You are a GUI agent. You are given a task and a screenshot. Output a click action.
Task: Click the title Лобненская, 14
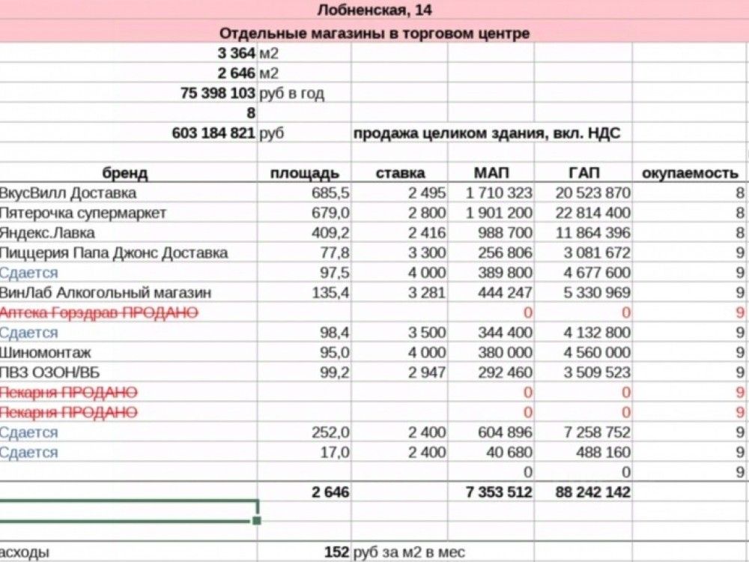pos(374,10)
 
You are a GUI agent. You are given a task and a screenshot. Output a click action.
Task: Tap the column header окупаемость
pos(691,174)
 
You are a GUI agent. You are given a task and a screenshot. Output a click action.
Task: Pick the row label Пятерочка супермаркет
pos(83,213)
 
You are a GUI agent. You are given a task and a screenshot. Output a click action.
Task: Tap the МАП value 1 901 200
pos(499,213)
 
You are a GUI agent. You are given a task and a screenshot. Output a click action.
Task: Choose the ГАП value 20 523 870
pos(592,193)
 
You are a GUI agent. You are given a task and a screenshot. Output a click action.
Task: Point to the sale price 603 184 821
pos(213,133)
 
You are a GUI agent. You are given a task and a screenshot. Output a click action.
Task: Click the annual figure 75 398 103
pos(218,94)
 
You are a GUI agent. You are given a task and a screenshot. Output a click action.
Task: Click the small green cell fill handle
pos(257,519)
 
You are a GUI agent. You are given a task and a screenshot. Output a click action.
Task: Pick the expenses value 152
pos(336,553)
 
